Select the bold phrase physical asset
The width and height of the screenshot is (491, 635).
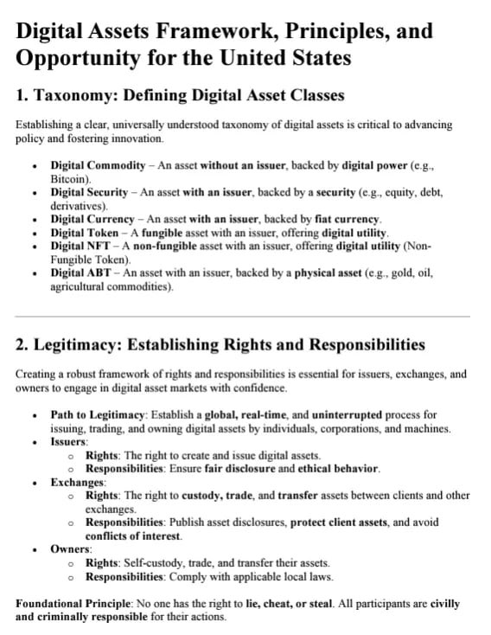[x=323, y=273]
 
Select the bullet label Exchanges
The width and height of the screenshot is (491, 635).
[x=78, y=482]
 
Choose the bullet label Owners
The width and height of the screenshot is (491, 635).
[x=71, y=548]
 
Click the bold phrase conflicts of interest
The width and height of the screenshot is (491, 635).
[x=135, y=536]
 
